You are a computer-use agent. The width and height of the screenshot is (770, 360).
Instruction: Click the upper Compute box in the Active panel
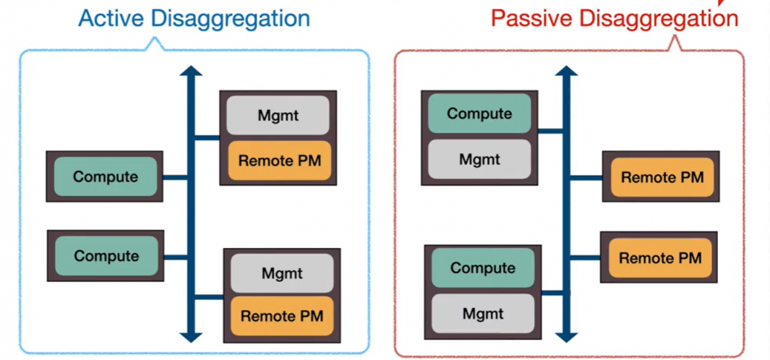click(105, 177)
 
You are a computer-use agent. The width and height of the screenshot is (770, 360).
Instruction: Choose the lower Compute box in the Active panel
click(106, 256)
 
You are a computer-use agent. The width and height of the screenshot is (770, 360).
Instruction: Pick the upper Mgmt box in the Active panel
click(278, 116)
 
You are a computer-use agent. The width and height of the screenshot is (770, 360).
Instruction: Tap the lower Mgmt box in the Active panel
click(281, 274)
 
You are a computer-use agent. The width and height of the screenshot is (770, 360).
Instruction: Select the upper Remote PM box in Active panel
click(279, 160)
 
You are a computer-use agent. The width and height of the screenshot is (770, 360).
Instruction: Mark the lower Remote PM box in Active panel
click(281, 316)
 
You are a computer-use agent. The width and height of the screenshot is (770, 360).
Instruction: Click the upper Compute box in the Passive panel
click(479, 114)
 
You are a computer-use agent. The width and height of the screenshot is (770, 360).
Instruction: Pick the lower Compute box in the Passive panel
click(482, 267)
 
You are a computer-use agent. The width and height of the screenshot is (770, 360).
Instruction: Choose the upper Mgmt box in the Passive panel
click(479, 159)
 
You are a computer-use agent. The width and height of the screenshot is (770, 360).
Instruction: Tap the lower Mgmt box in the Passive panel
click(482, 314)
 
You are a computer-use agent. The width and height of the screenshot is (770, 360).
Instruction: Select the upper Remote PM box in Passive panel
click(662, 177)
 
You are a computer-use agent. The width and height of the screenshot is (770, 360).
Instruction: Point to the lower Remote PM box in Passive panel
click(659, 258)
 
